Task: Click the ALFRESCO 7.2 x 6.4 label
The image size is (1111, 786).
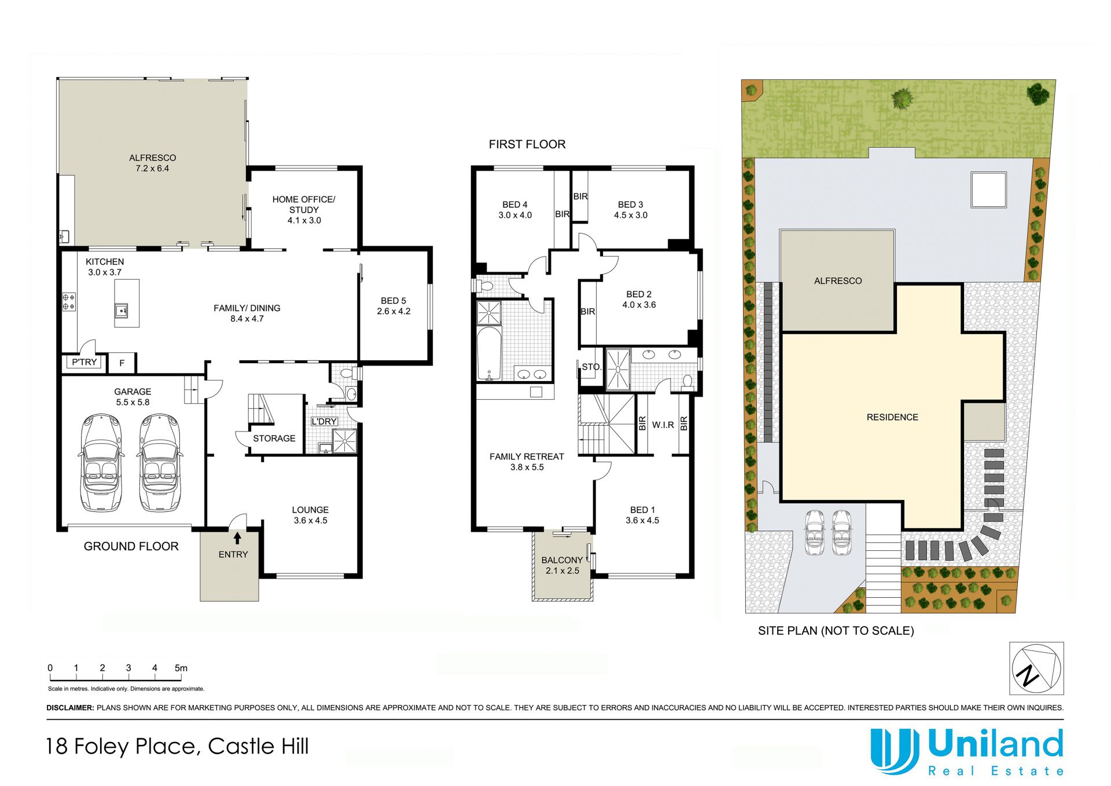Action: click(153, 163)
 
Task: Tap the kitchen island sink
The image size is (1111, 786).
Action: click(123, 310)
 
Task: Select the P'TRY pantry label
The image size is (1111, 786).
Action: click(84, 362)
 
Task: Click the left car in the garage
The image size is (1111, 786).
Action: click(102, 462)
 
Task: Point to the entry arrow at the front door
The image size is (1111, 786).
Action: click(237, 538)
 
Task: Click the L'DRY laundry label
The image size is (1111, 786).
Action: click(324, 421)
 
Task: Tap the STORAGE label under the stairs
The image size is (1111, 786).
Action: click(274, 438)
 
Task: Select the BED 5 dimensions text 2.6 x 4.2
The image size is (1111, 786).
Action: click(393, 311)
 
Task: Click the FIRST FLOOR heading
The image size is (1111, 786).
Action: click(527, 144)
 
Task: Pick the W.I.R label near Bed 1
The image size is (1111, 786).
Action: click(663, 425)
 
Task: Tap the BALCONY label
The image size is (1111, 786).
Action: click(562, 560)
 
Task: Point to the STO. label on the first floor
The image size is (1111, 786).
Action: click(591, 367)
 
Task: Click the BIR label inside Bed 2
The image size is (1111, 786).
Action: click(588, 312)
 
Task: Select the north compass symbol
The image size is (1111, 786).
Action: click(1036, 668)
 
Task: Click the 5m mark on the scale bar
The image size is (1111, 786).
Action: click(181, 668)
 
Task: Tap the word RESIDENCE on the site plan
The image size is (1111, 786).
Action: click(892, 417)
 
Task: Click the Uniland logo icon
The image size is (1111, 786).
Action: click(895, 751)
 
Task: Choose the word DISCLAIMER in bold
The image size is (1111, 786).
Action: click(70, 708)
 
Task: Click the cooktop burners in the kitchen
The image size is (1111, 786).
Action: click(69, 302)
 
